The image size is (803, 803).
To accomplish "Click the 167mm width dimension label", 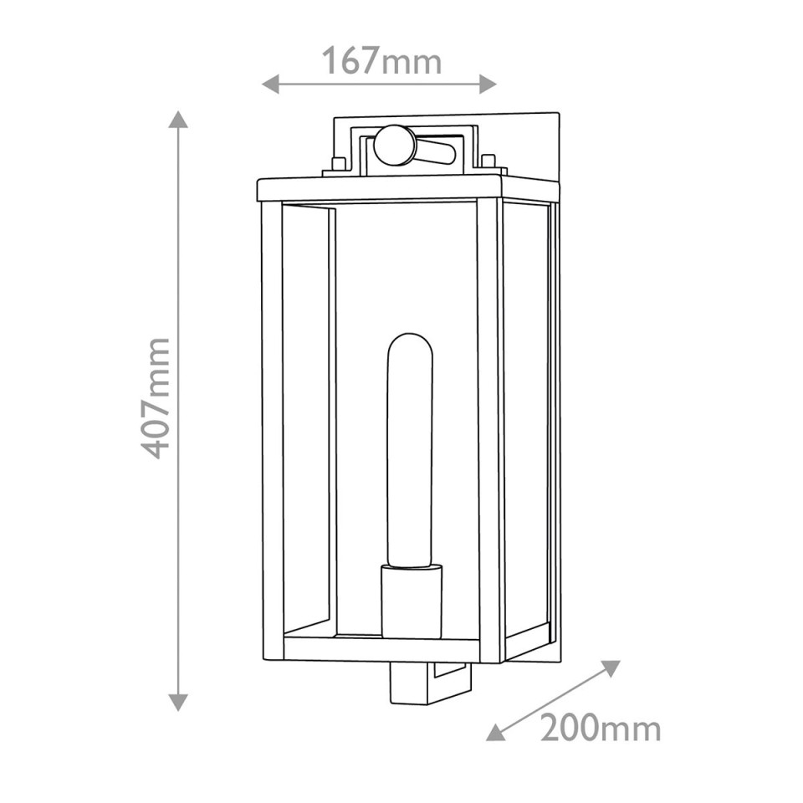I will click(381, 60).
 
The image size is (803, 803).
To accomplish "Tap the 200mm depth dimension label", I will click(600, 729).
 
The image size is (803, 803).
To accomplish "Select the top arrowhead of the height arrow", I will click(177, 120).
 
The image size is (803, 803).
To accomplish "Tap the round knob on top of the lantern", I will click(393, 145).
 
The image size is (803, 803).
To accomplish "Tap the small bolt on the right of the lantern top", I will click(488, 161).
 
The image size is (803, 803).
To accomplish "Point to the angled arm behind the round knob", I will click(436, 152).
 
